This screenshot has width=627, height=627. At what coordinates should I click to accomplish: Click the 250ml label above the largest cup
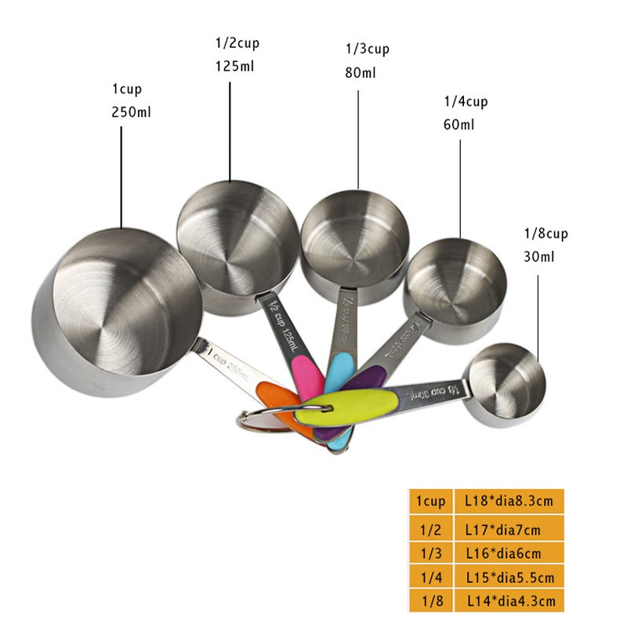click(132, 112)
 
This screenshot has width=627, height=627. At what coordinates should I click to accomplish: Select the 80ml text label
click(361, 73)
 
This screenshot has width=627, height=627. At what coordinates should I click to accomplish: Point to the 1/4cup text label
click(466, 101)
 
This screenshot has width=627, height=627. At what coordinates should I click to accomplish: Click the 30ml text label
click(539, 256)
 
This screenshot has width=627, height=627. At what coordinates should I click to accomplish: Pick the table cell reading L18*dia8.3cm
click(508, 501)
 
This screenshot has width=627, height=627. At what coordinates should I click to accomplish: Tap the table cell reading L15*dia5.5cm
click(508, 578)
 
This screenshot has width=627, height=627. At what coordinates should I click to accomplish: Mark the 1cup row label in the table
click(430, 501)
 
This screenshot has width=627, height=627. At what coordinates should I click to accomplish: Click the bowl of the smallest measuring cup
click(505, 382)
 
